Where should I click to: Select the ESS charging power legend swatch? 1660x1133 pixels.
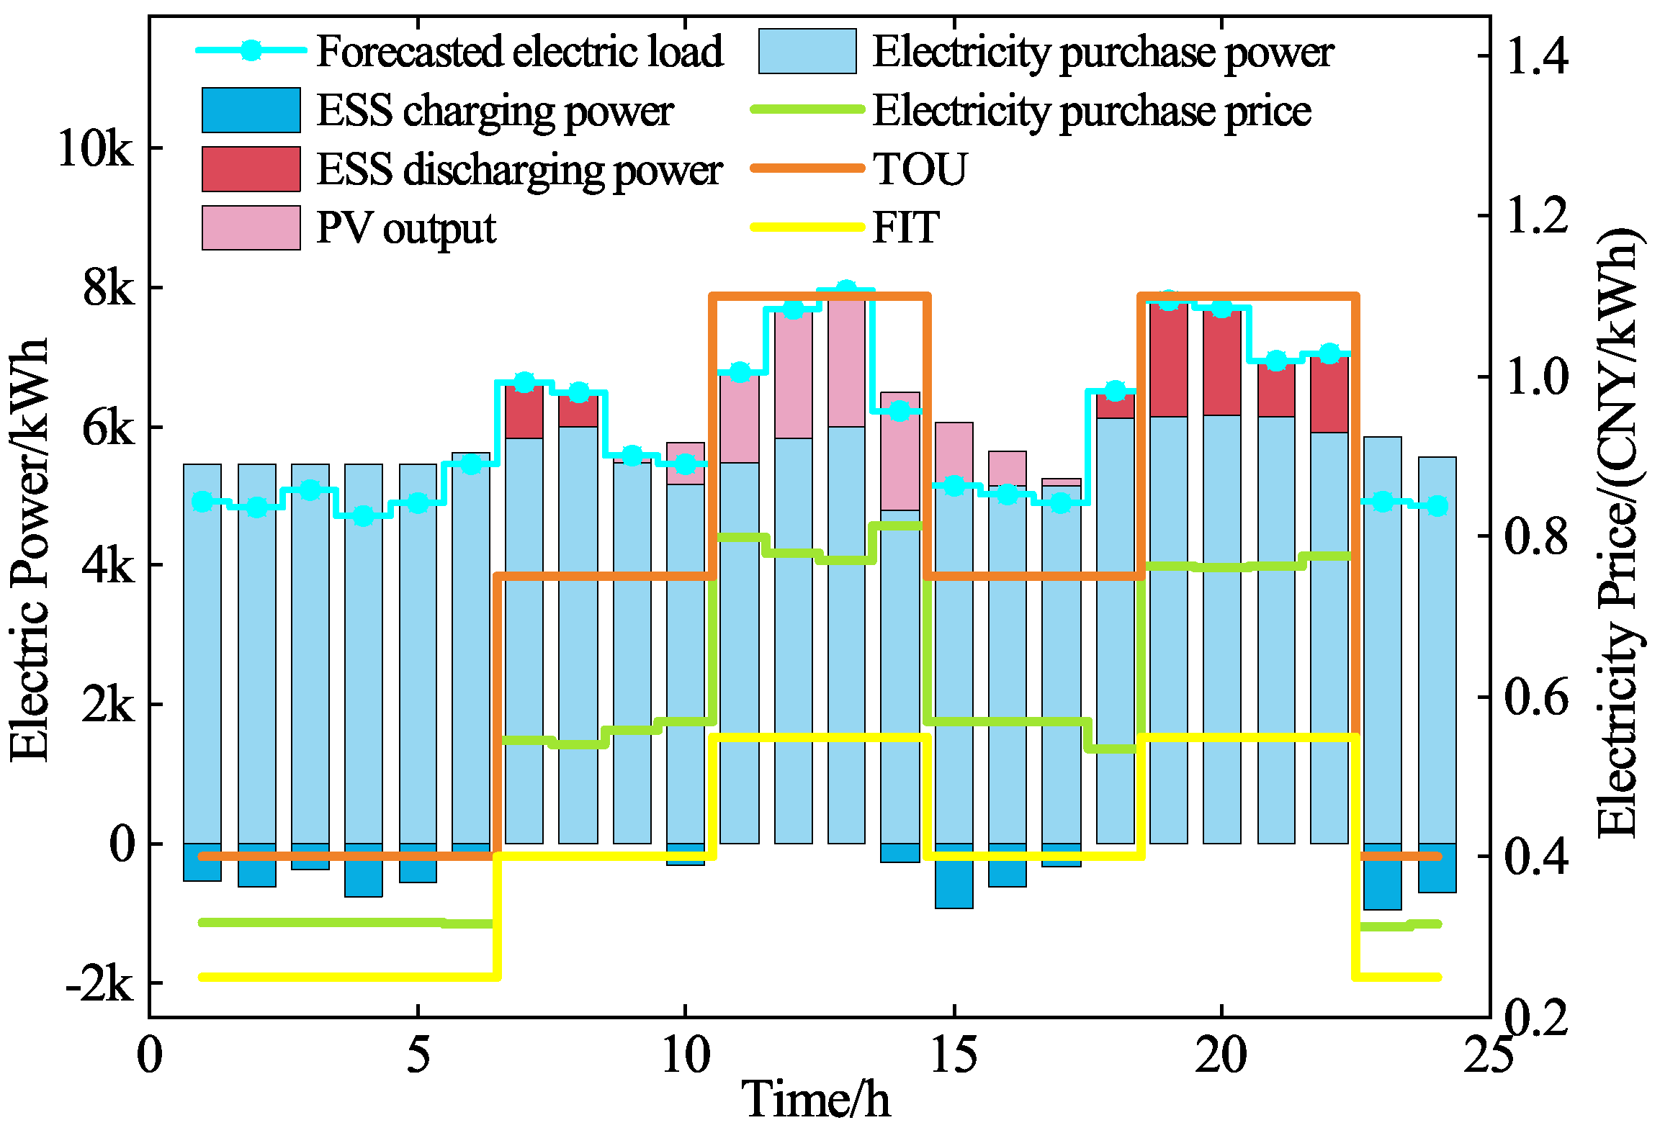[x=251, y=111]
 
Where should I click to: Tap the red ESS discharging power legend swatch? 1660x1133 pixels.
[x=251, y=170]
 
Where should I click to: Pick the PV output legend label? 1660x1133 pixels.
[x=405, y=229]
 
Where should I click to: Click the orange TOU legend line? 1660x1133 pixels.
[x=807, y=168]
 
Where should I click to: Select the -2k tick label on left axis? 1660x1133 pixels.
[x=99, y=984]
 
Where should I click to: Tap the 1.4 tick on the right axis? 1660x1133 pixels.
[x=1536, y=56]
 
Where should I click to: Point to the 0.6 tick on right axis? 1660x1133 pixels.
[x=1536, y=697]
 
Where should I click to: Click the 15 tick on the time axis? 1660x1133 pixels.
[x=954, y=1056]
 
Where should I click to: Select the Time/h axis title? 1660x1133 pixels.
[x=816, y=1100]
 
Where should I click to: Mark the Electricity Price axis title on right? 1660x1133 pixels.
[x=1620, y=533]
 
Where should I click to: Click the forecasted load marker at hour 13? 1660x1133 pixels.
[x=846, y=290]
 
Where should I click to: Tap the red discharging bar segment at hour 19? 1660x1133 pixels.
[x=1168, y=360]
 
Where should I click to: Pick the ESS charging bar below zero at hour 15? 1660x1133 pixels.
[x=954, y=875]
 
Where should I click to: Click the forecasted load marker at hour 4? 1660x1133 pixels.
[x=363, y=515]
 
